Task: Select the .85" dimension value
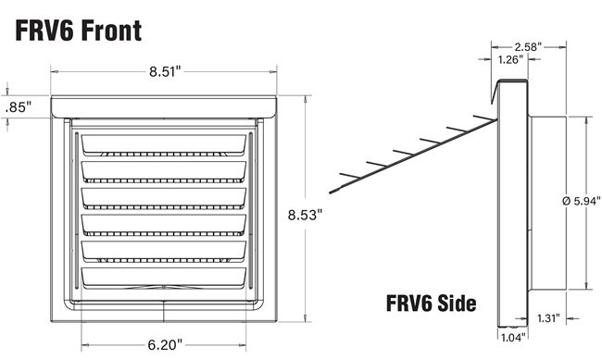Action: [x=18, y=106]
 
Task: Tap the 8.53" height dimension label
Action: [x=306, y=215]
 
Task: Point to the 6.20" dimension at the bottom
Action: [x=166, y=344]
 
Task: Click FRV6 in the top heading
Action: [x=42, y=31]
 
